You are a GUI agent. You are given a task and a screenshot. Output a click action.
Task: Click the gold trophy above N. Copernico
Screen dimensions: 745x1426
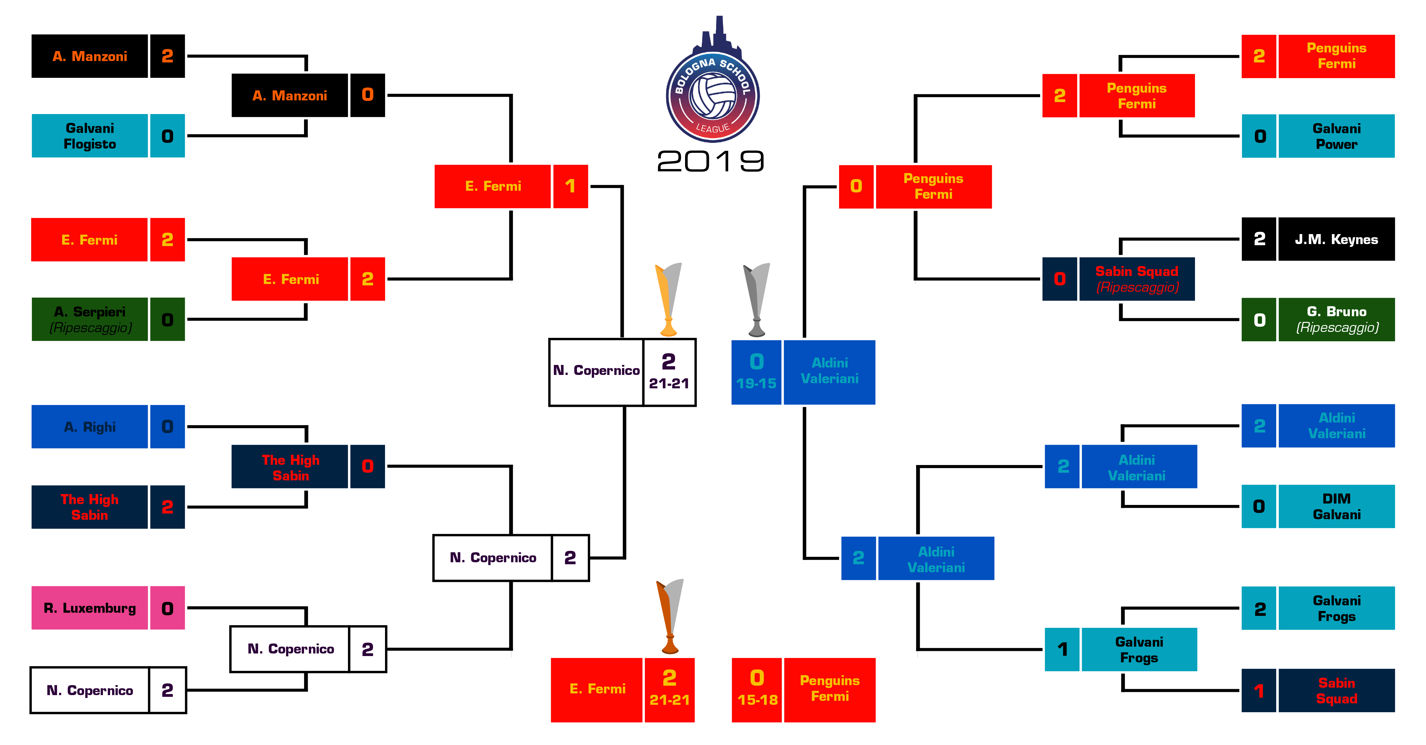[x=668, y=299]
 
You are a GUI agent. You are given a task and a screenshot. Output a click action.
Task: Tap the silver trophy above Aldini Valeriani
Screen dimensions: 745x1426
[x=756, y=299]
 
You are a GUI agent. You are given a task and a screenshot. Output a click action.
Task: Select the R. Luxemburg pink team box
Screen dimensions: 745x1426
[x=90, y=608]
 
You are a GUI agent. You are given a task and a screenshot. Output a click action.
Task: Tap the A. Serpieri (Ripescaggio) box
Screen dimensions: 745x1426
[x=90, y=319]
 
